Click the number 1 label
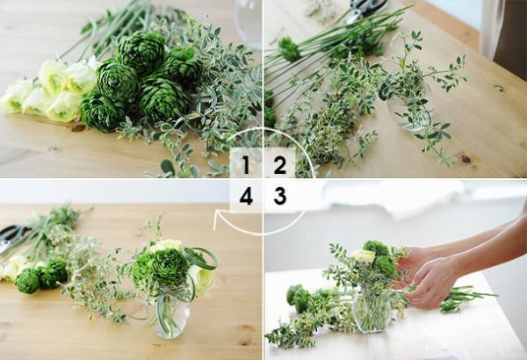[246, 164]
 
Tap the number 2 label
[279, 164]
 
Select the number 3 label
[280, 196]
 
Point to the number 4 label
[246, 196]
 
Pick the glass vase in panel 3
[372, 312]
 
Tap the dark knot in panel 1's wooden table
[78, 128]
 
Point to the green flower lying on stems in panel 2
[288, 49]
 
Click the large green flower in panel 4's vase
[161, 266]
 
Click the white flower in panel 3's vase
[364, 257]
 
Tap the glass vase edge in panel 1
[248, 24]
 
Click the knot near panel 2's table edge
[466, 159]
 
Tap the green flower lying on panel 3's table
[299, 297]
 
